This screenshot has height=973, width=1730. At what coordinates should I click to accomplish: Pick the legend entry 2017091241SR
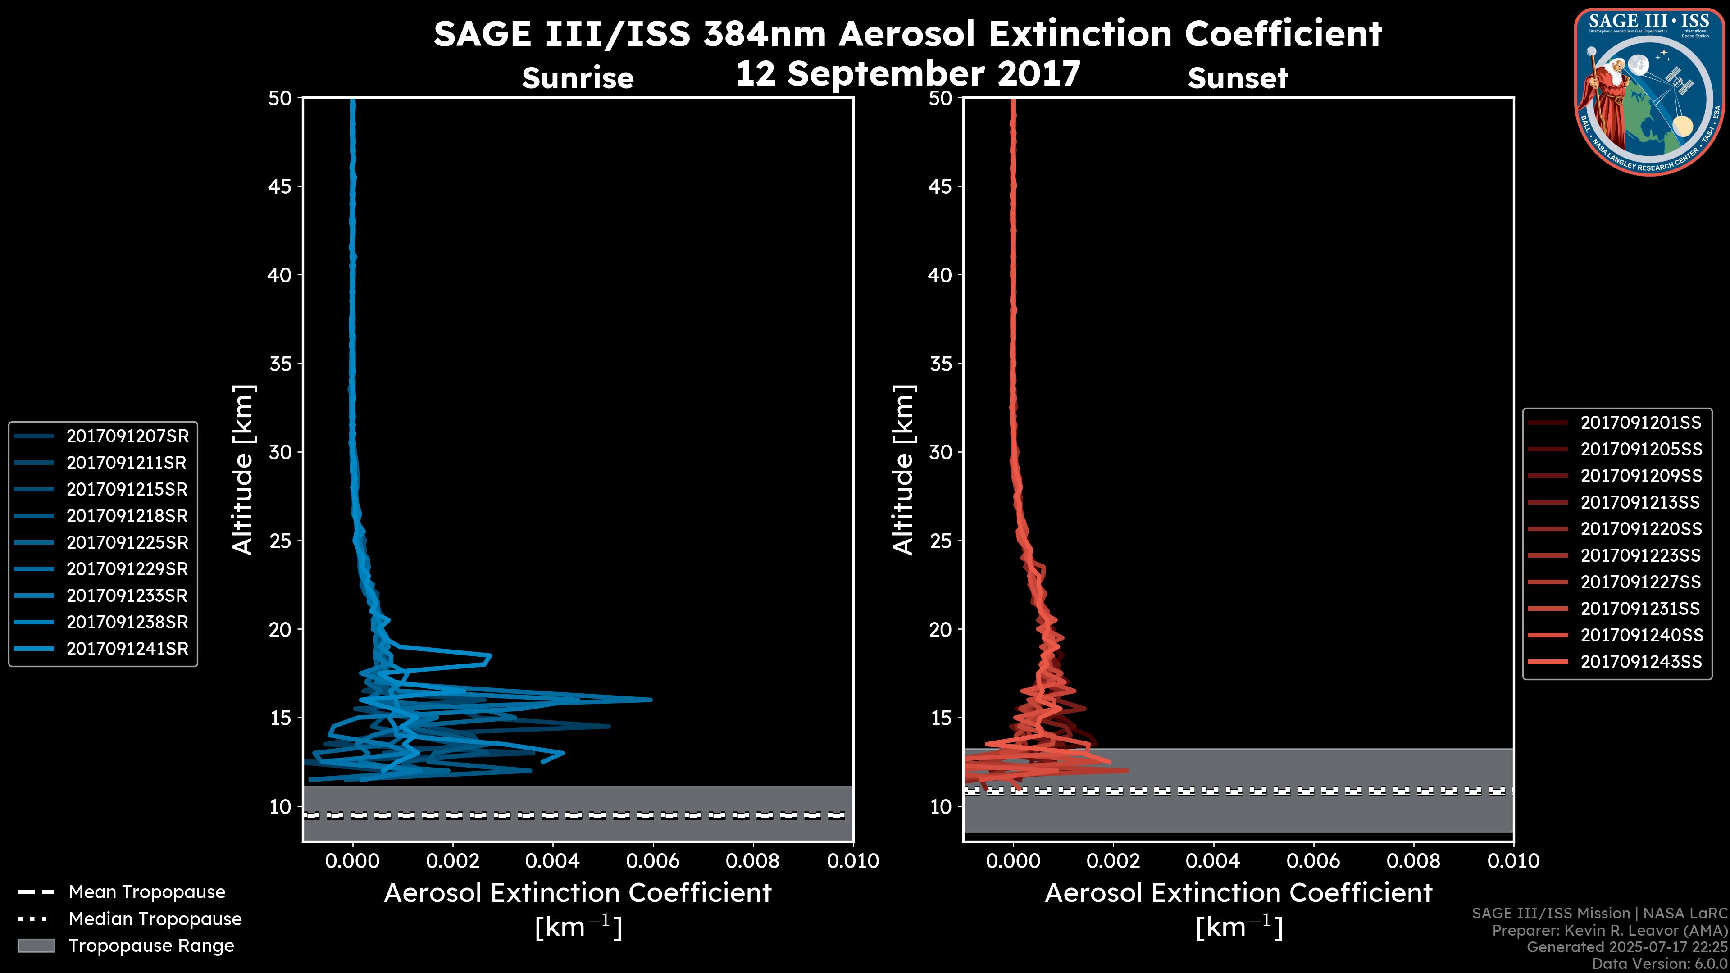click(127, 649)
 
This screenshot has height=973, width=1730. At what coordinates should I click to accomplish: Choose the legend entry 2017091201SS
click(1641, 423)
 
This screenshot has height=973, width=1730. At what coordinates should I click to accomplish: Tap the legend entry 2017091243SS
click(1641, 661)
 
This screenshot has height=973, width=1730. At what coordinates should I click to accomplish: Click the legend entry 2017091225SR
click(127, 542)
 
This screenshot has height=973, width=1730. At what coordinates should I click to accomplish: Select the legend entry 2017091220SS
click(1641, 528)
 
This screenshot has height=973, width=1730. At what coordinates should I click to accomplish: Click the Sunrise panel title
click(578, 78)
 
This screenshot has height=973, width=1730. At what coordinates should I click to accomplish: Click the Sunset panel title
click(1238, 78)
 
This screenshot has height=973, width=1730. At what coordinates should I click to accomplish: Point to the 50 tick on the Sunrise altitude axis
click(281, 98)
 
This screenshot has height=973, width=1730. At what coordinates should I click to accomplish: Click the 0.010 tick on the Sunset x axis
click(1514, 860)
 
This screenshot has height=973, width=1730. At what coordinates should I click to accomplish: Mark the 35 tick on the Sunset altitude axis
click(942, 363)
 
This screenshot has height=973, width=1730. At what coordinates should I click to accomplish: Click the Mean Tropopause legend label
click(147, 892)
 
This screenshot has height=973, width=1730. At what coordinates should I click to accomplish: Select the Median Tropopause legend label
click(155, 918)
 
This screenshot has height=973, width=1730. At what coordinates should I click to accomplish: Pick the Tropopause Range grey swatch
click(36, 946)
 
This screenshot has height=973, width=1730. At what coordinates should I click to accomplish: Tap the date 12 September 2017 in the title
click(908, 73)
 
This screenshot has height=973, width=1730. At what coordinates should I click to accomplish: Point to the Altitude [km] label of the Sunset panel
click(903, 469)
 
